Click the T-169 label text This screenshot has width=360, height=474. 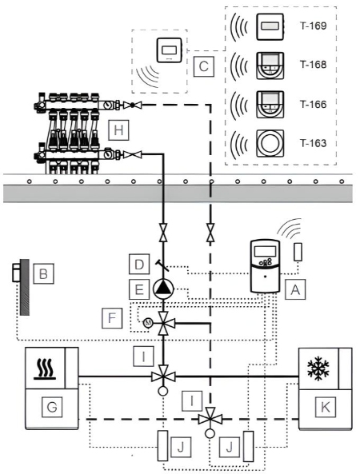coord(313,26)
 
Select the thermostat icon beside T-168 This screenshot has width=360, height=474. coord(270,66)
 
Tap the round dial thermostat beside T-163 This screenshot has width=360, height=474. coord(270,144)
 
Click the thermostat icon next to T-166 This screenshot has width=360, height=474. coord(270,105)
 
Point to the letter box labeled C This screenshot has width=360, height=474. coord(204,66)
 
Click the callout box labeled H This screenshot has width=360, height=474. coord(118,130)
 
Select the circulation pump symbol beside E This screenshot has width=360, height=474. coord(163,289)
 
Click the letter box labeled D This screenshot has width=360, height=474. coord(139,265)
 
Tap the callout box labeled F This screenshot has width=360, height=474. coord(112,318)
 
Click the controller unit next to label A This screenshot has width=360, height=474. coord(266,266)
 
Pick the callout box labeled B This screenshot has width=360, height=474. coord(43,274)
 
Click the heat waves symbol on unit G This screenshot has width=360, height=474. coord(46,369)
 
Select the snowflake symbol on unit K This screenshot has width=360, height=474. coord(318,369)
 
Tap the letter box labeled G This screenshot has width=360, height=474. coord(52,407)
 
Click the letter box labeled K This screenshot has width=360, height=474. coord(326,407)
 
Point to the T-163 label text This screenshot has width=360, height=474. coord(313,143)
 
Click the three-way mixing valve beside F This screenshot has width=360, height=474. coord(163,324)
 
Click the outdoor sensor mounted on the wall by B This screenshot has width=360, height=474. coord(16,273)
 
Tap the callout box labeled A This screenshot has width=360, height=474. coord(295,289)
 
